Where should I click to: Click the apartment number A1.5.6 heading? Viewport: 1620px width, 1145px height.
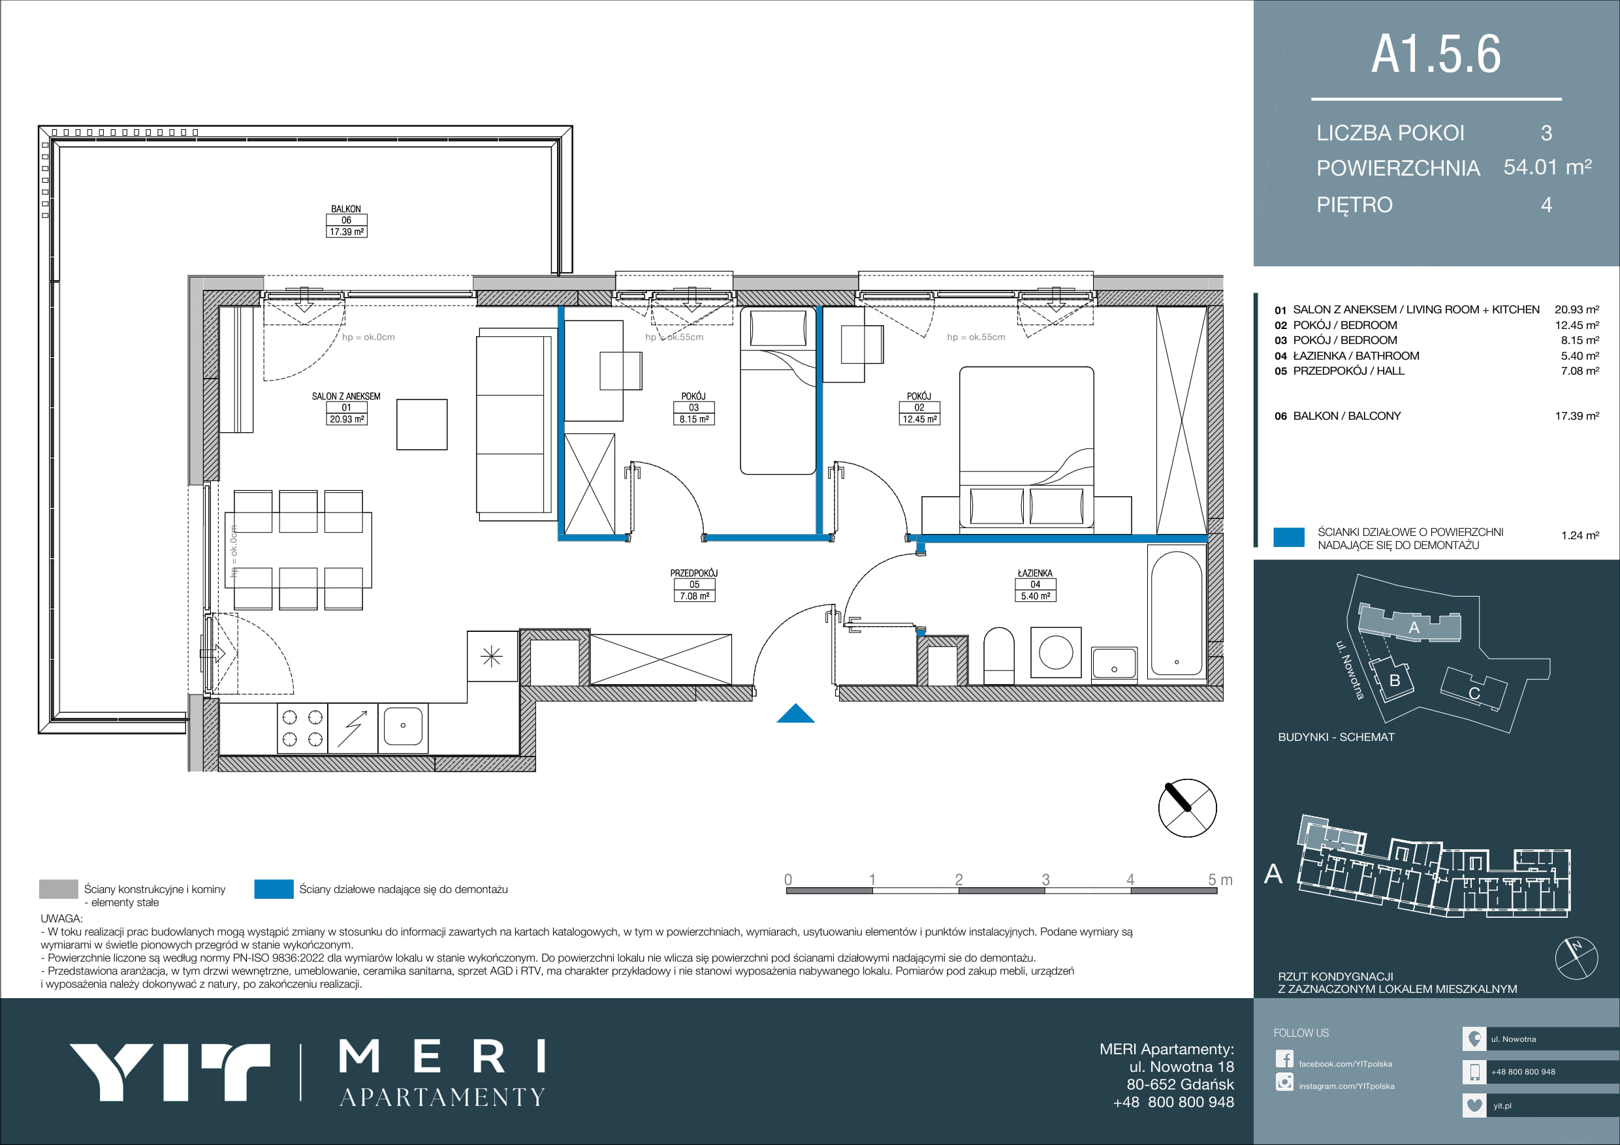(x=1436, y=54)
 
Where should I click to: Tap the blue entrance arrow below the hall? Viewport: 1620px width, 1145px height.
(x=795, y=714)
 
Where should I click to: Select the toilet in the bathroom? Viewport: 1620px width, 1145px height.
(x=998, y=655)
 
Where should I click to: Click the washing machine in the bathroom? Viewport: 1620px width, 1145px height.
(x=1056, y=652)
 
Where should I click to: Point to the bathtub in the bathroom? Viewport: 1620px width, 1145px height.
(x=1176, y=613)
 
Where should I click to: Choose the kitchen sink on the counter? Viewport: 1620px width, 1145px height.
(x=403, y=727)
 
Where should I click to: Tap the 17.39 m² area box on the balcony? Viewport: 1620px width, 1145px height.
(x=347, y=231)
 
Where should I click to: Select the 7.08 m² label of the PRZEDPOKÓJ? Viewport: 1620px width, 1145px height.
(x=694, y=596)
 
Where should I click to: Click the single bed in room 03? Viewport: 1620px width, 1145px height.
(x=778, y=391)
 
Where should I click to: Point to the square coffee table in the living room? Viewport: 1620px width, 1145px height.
(x=422, y=424)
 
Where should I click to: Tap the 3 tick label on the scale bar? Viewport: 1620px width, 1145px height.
(x=1045, y=879)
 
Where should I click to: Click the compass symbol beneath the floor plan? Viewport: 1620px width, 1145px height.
(x=1188, y=808)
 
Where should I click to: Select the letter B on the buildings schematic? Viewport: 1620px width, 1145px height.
(x=1394, y=681)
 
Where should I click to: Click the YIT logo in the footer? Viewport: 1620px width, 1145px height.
(x=169, y=1071)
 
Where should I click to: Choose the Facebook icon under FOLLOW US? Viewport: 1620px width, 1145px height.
(x=1284, y=1059)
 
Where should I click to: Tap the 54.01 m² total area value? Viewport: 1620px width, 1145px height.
(x=1548, y=167)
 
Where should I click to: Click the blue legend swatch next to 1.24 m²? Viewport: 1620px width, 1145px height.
(x=1289, y=537)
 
